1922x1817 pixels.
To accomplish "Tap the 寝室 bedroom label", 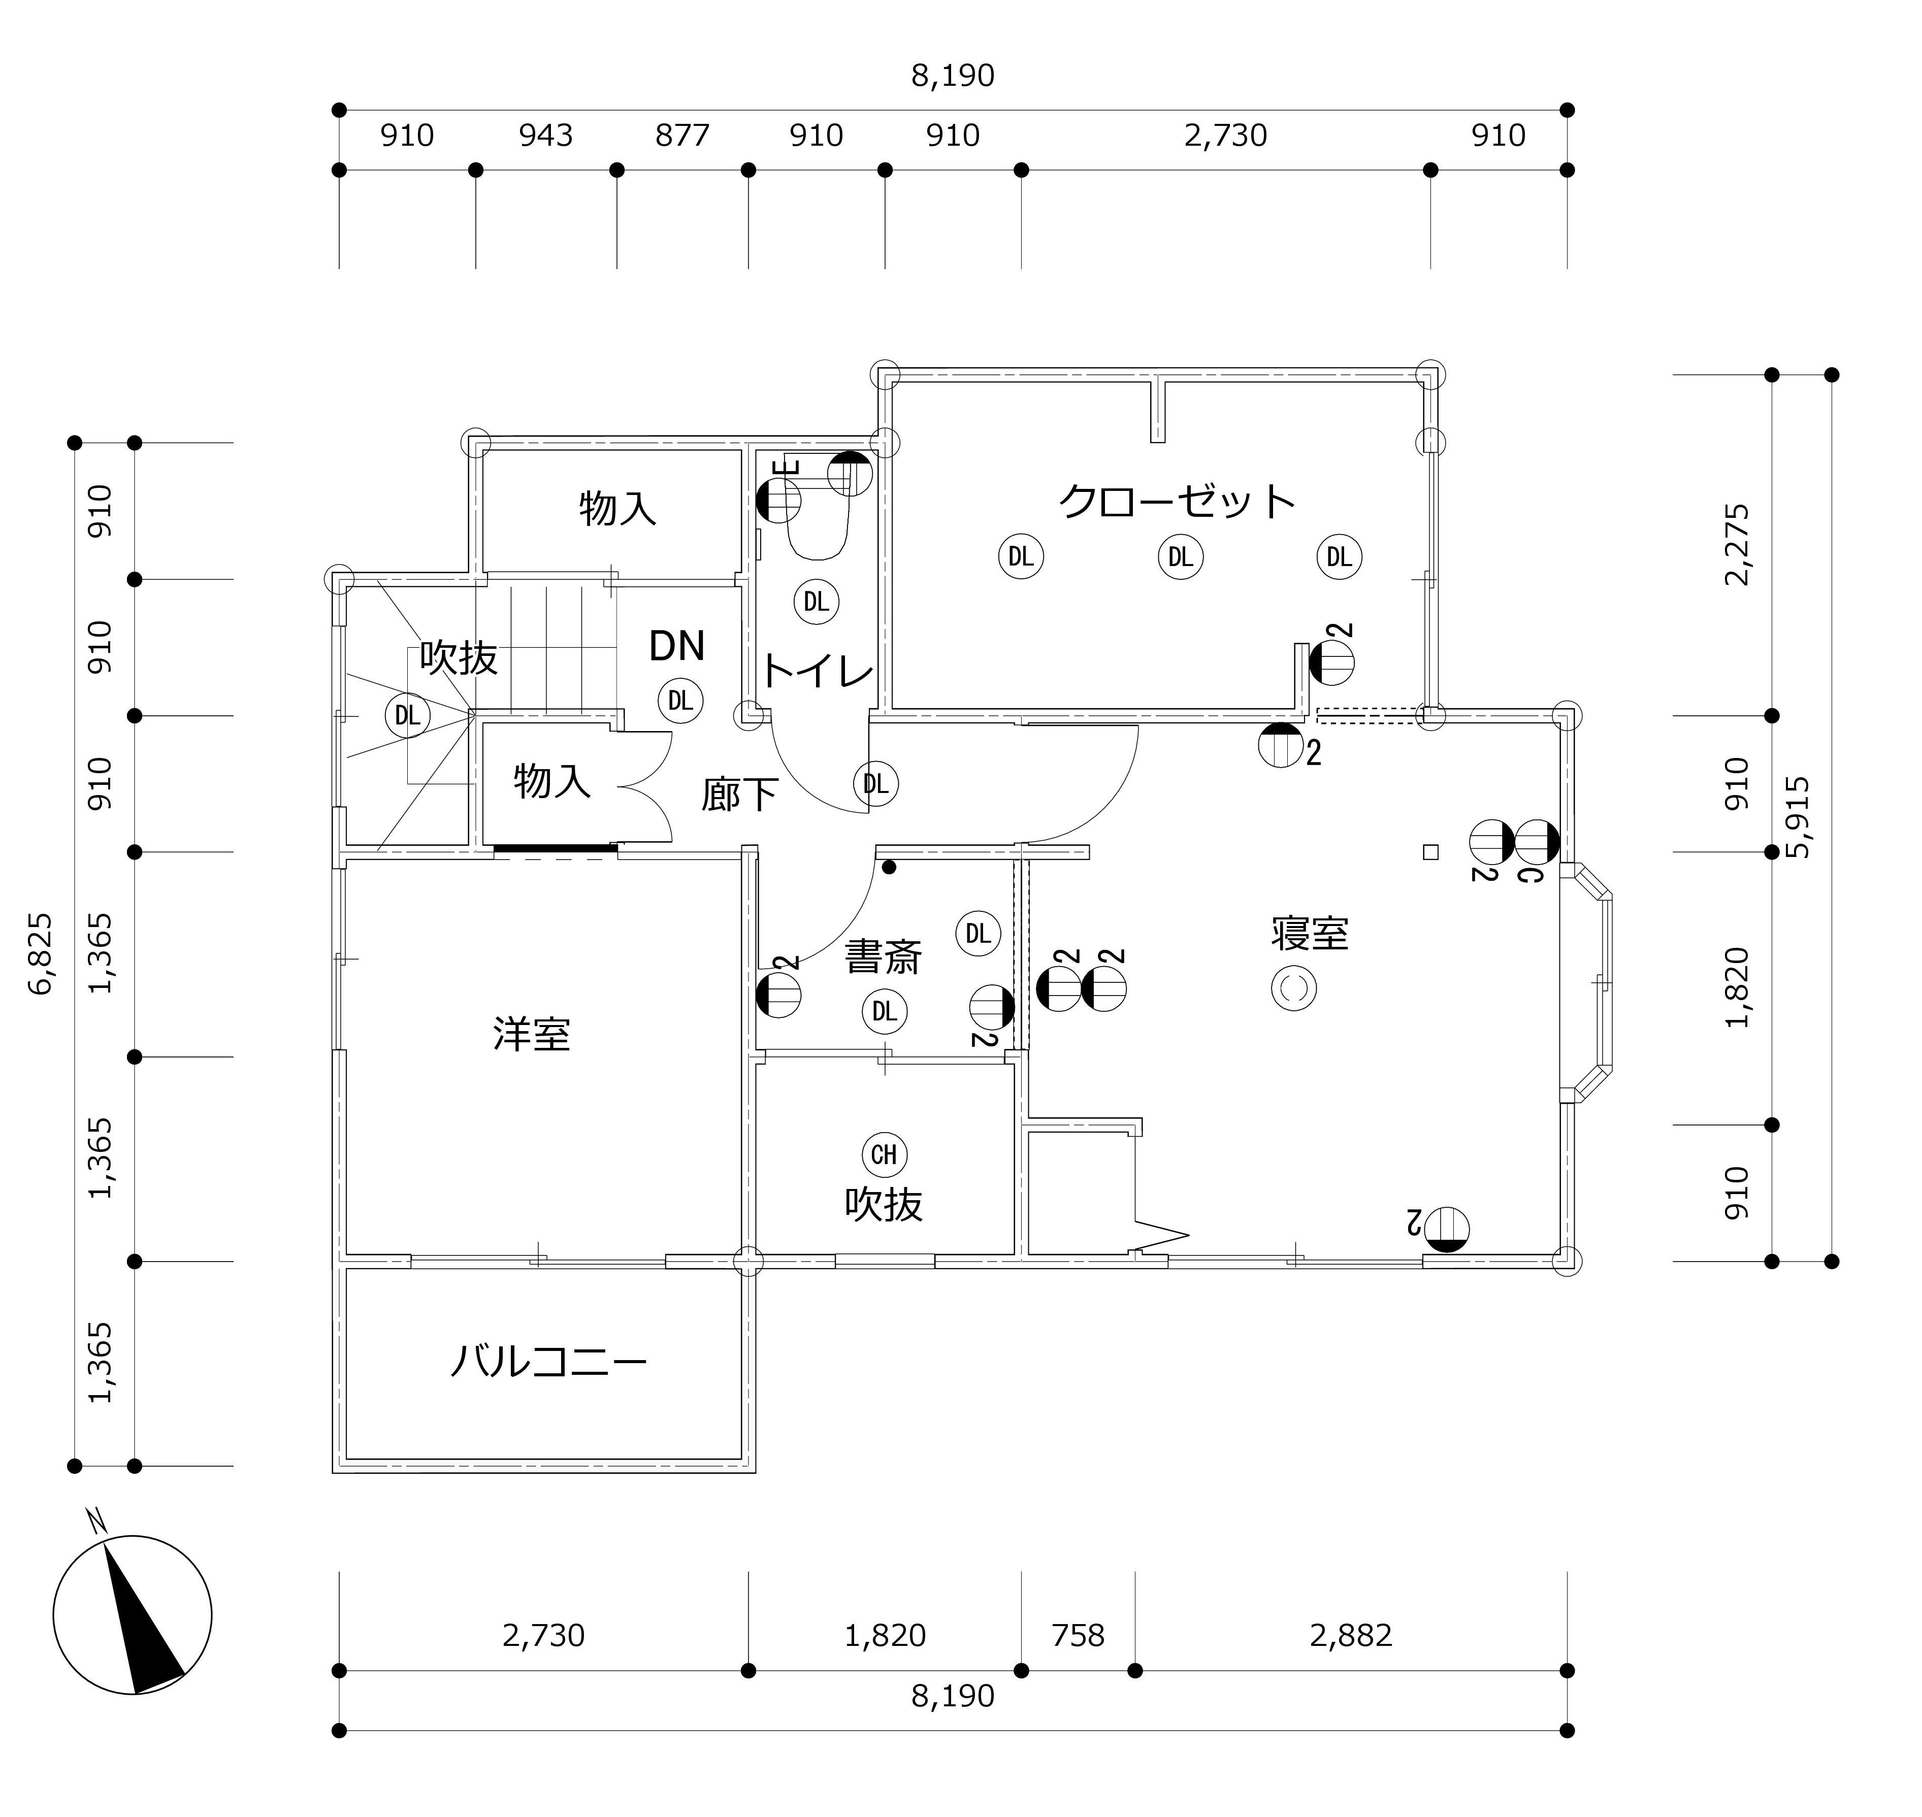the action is (1310, 933).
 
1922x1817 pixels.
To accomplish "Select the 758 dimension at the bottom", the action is (1078, 1636).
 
